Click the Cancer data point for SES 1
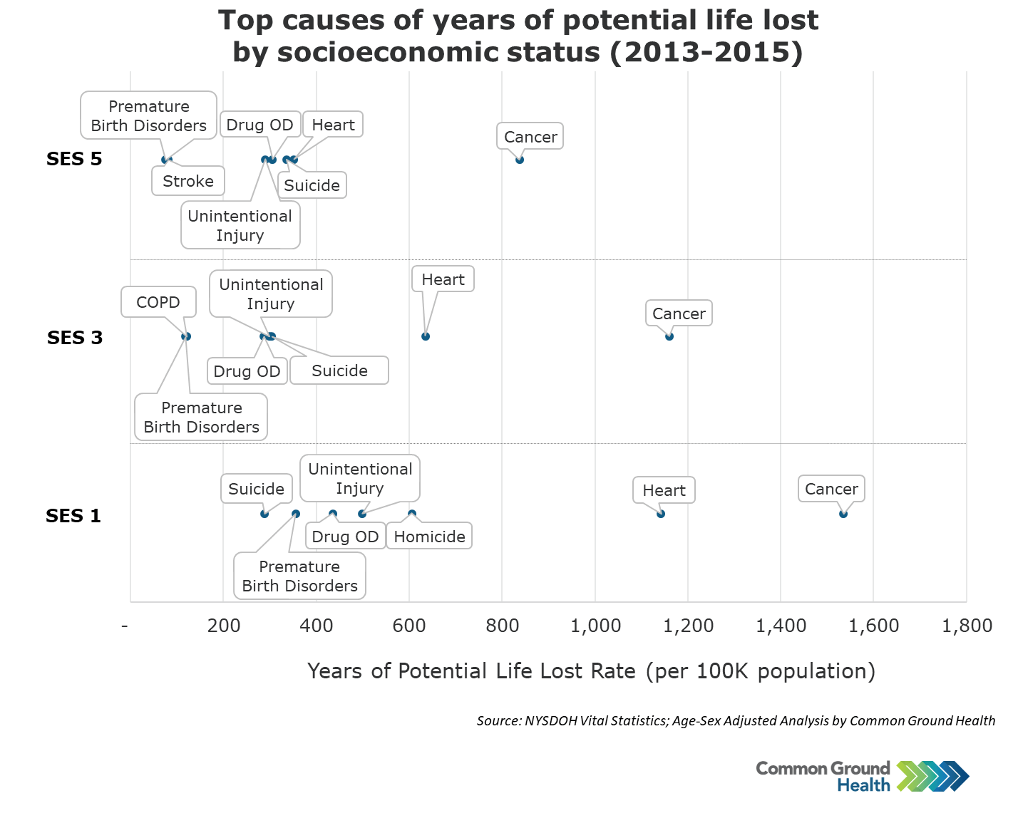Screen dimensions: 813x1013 click(843, 514)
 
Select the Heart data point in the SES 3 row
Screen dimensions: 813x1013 click(426, 336)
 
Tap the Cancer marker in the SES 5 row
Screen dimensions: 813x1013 click(520, 160)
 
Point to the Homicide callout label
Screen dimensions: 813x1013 click(429, 537)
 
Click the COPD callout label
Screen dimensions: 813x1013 click(158, 302)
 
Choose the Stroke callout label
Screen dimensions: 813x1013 click(188, 181)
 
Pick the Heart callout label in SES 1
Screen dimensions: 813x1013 click(664, 490)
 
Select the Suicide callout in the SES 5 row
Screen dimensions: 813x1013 click(312, 185)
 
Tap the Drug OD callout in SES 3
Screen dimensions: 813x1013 click(247, 371)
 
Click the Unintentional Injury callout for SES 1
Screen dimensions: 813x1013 click(360, 478)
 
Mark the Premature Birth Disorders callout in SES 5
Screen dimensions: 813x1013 click(148, 115)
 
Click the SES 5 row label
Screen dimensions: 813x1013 click(74, 159)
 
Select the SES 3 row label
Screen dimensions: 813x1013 click(75, 337)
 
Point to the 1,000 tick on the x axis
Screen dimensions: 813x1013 click(595, 626)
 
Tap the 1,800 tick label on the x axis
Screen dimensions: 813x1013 click(967, 626)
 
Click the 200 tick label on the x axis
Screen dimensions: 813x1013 click(224, 626)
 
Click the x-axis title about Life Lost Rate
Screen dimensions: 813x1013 click(591, 671)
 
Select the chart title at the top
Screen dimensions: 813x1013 click(518, 36)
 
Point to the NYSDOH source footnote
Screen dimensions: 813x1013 click(736, 720)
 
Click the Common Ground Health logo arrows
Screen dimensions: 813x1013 click(933, 776)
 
